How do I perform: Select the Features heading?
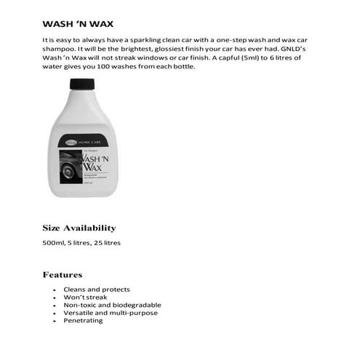click(63, 275)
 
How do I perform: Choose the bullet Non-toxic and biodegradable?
click(112, 305)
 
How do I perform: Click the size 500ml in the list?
click(55, 242)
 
